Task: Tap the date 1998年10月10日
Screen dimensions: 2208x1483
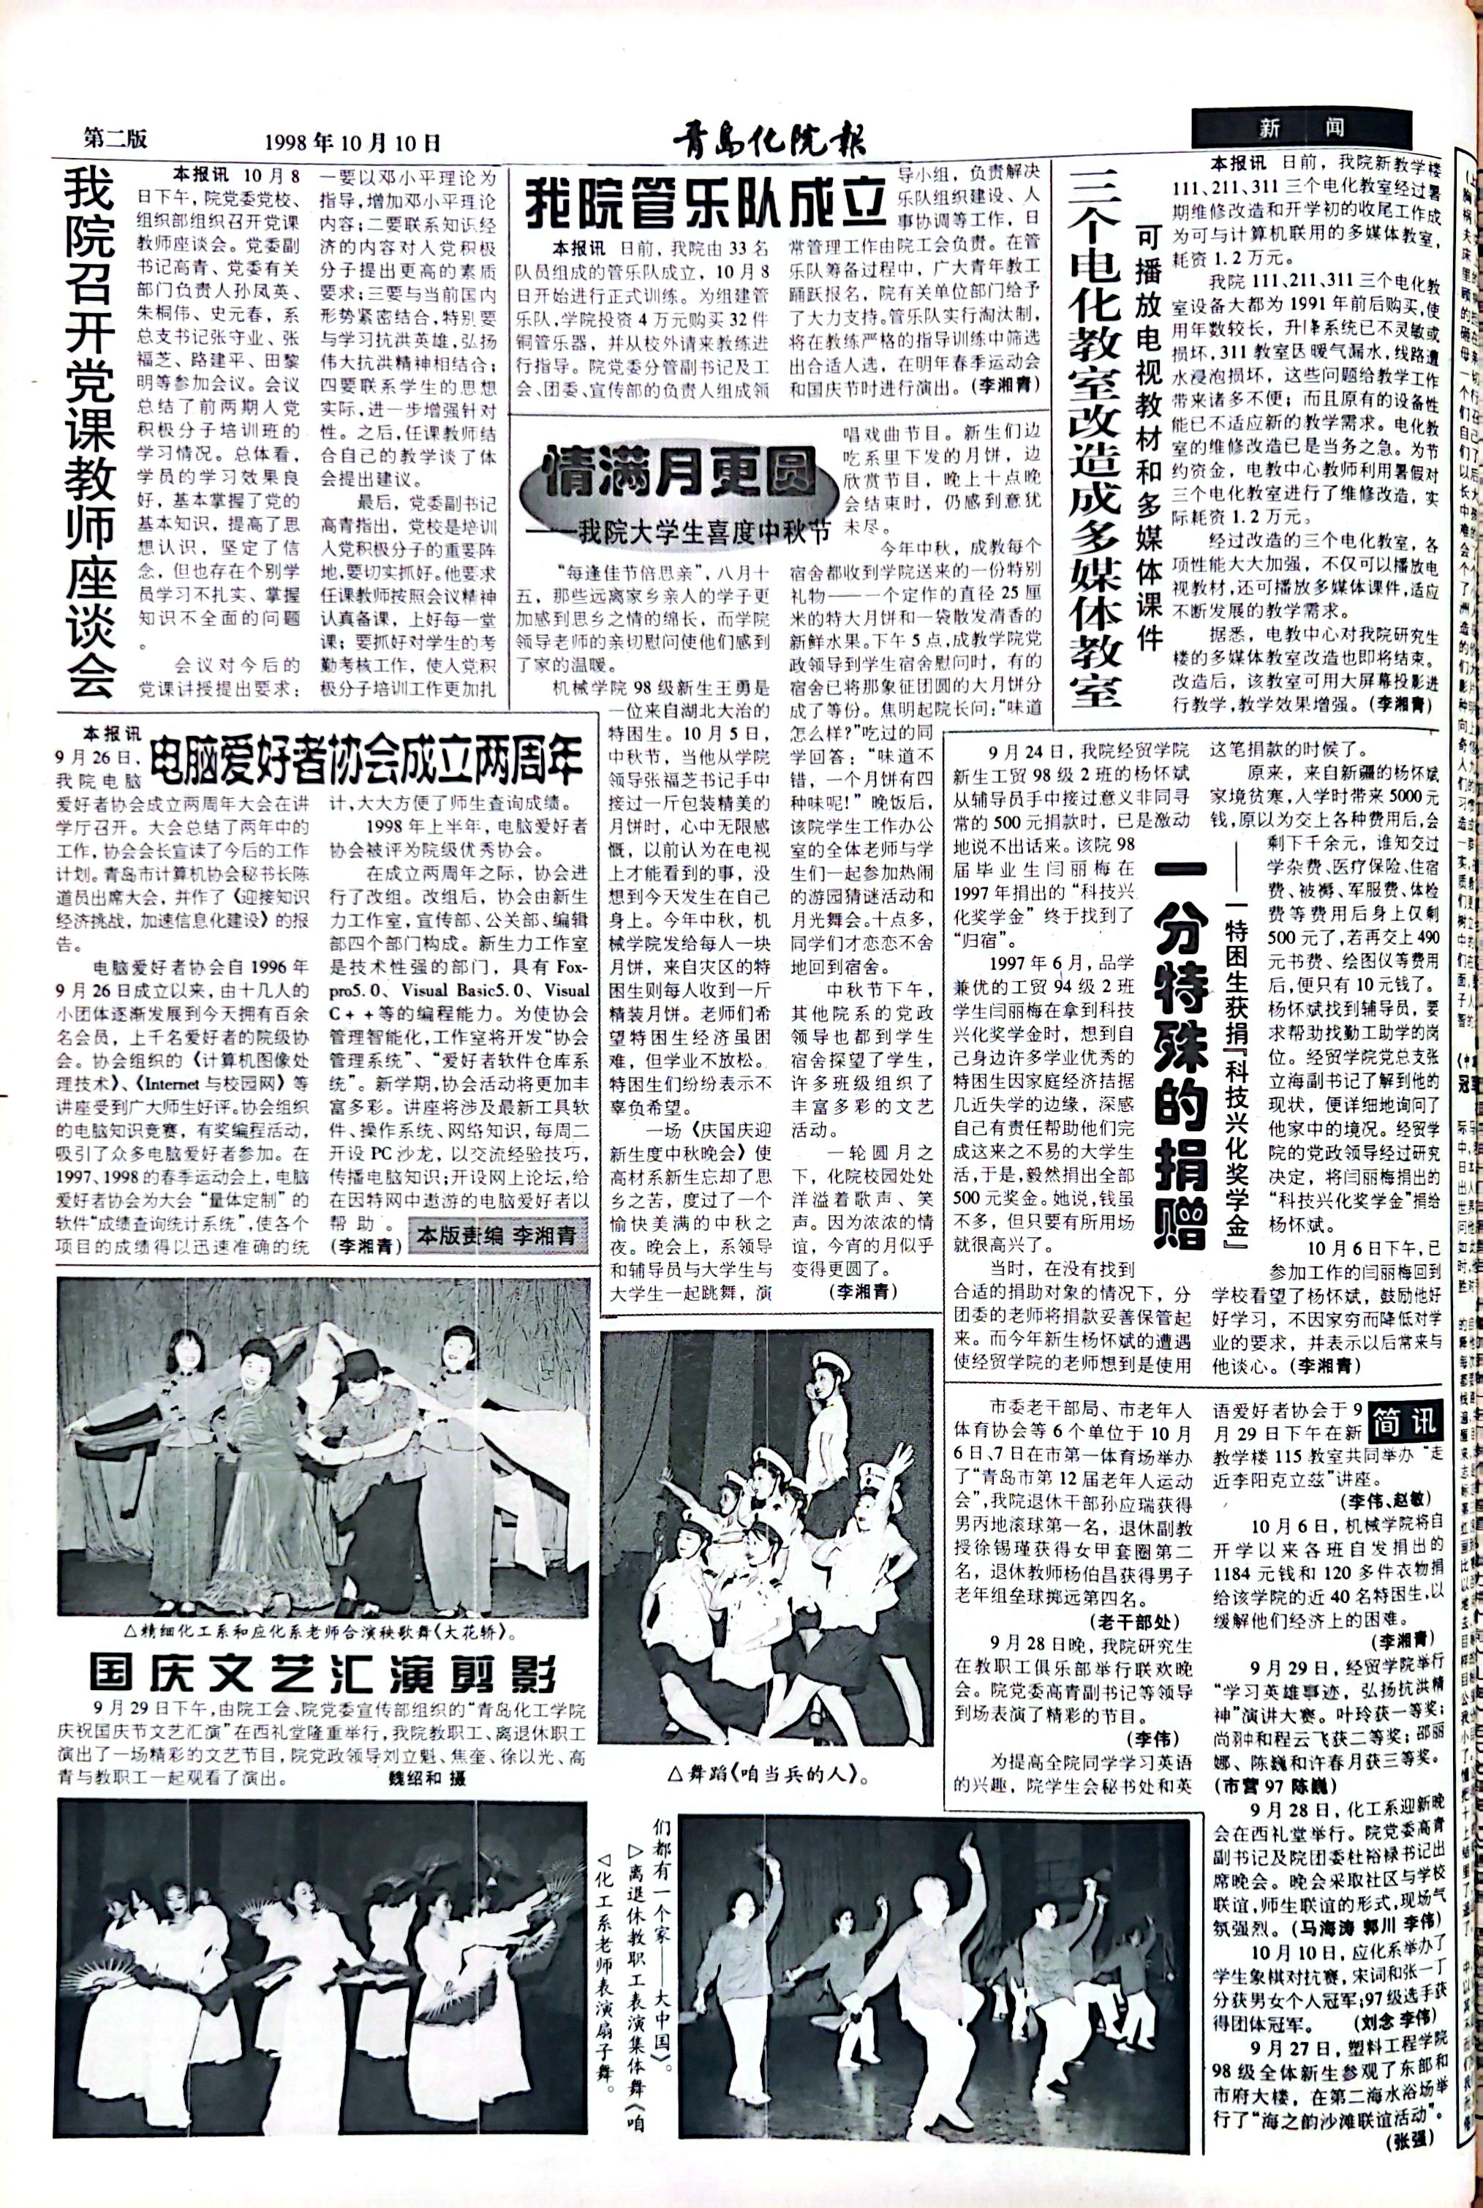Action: pos(352,143)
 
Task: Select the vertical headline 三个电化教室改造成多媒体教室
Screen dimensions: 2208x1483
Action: pos(1096,435)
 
